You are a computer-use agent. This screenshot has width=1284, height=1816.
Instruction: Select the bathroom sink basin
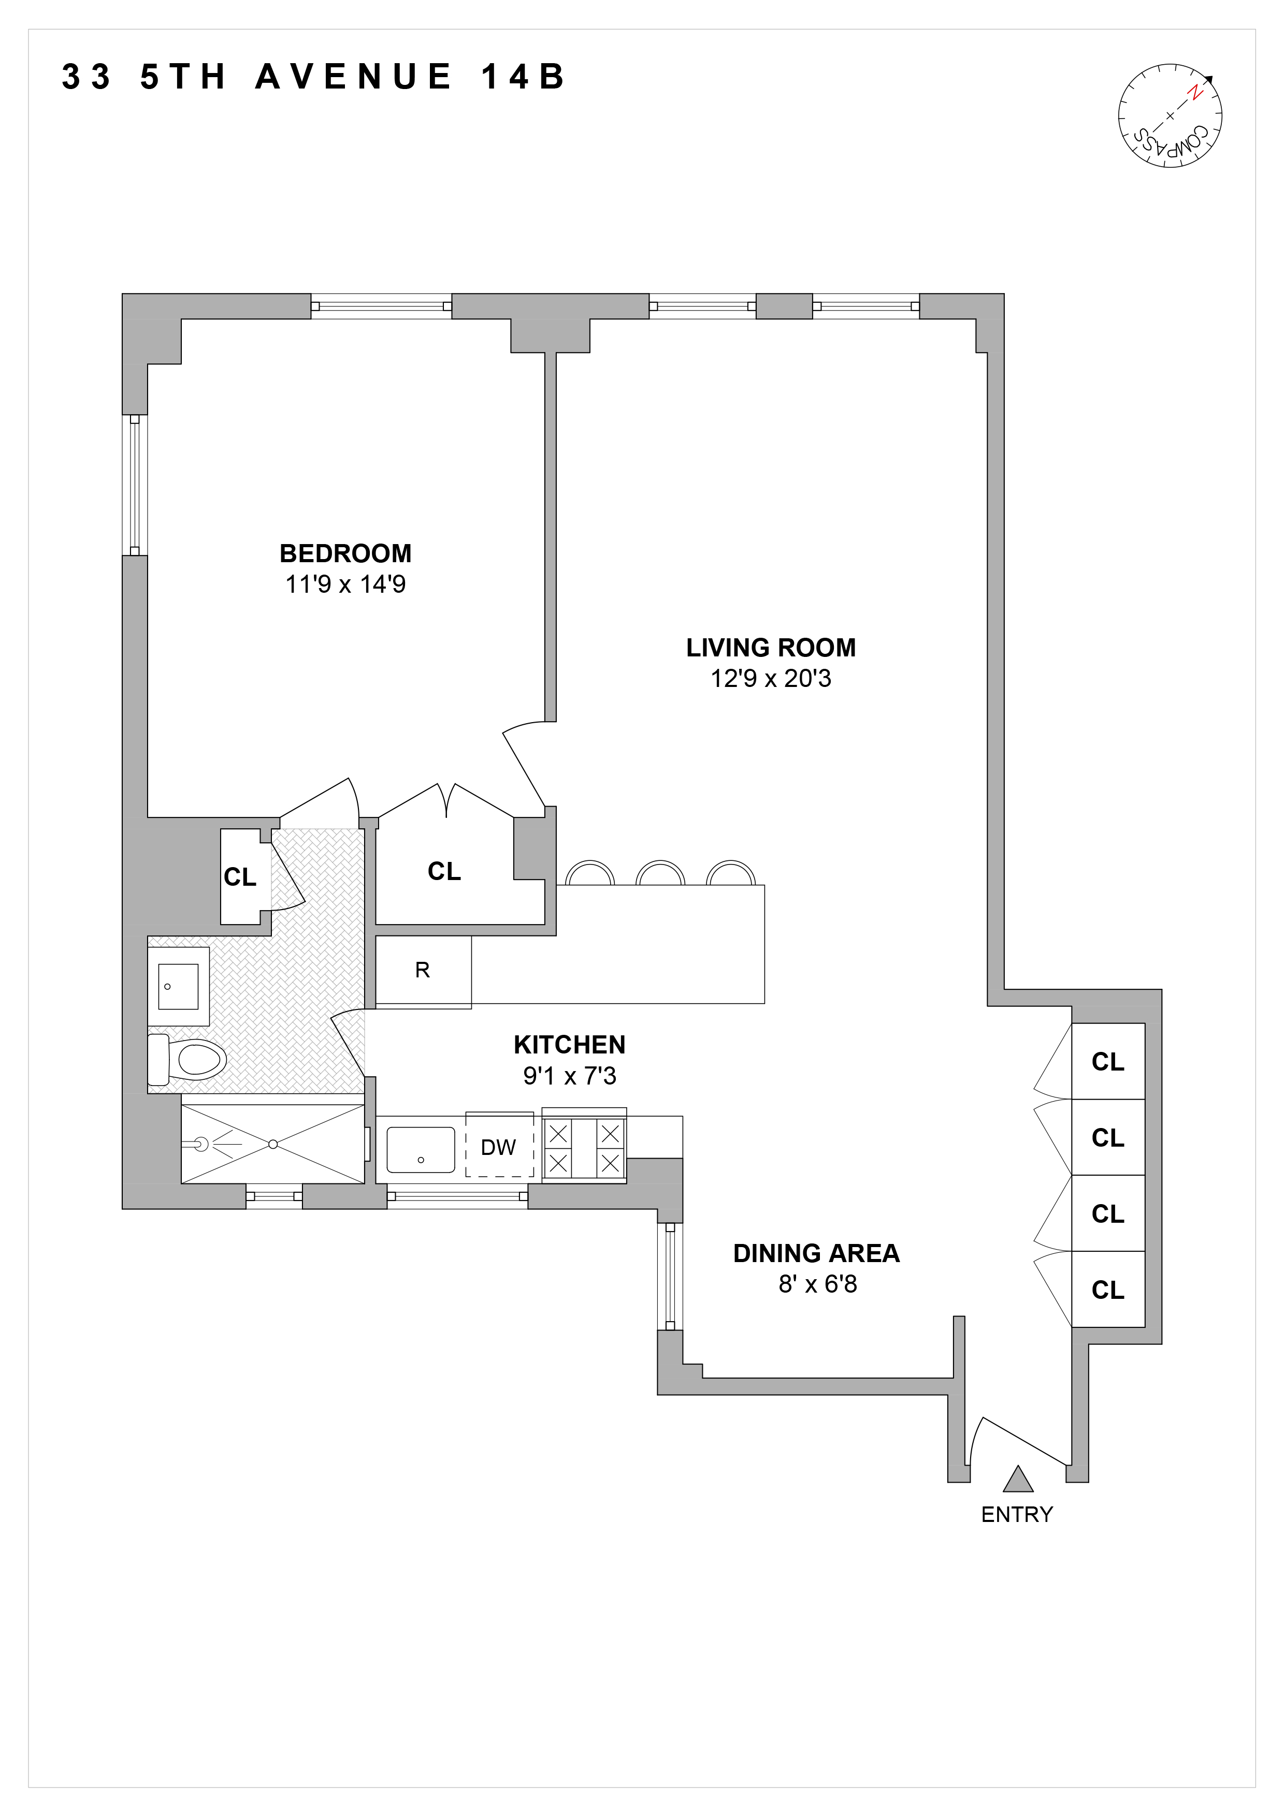[178, 986]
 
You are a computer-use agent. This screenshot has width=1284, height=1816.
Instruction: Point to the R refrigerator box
[423, 971]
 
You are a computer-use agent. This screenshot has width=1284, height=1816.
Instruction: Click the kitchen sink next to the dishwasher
[420, 1149]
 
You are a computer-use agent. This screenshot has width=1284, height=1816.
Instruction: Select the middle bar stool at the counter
[660, 873]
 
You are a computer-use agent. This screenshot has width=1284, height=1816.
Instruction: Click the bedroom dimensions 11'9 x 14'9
[345, 584]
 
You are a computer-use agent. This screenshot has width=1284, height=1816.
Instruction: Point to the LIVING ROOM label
[771, 648]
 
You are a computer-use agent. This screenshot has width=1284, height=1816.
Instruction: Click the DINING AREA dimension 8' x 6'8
[817, 1284]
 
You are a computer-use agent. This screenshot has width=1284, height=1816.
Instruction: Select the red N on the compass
[1195, 93]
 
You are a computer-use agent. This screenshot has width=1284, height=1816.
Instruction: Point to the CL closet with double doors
[444, 872]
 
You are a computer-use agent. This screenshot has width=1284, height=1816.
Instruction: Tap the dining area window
[669, 1277]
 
